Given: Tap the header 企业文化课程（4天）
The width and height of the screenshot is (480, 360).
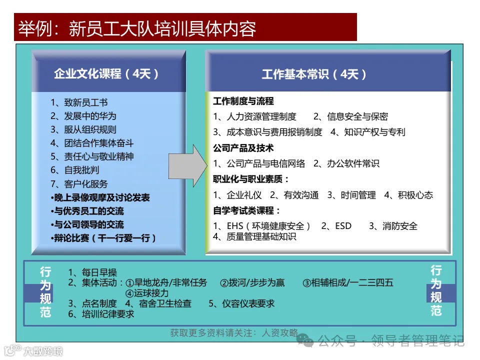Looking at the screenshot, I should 106,74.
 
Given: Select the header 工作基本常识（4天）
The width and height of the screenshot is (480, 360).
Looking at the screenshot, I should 314,74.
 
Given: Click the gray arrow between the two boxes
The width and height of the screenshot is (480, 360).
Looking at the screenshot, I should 186,163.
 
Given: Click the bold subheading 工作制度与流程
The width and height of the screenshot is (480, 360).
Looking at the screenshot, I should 243,101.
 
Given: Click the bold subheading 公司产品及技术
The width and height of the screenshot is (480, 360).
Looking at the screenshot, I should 243,148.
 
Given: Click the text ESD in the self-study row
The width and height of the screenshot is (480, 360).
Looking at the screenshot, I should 343,226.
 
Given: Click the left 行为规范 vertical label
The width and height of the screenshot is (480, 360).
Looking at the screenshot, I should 45,292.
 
